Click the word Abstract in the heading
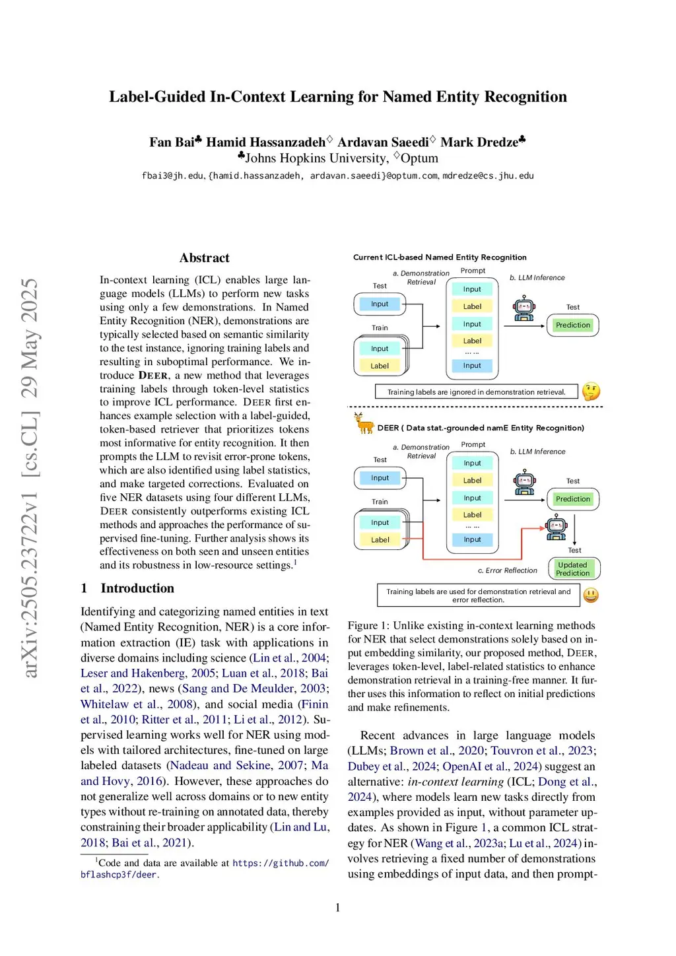204,258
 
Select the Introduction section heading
137,588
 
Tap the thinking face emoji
591,392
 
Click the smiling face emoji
591,595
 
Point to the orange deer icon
364,423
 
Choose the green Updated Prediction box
572,569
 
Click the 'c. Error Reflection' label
507,570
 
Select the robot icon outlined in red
556,528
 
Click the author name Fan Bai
172,142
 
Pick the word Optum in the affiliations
419,158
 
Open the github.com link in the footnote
280,863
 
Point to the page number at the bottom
338,907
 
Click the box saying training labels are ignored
476,392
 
